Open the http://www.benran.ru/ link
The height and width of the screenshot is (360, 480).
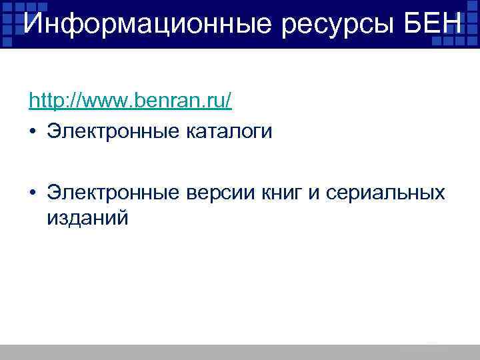(130, 101)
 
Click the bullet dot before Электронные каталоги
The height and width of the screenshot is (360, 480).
(33, 132)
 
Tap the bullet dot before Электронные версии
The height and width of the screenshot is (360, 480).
(33, 193)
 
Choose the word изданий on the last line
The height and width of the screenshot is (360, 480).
(87, 218)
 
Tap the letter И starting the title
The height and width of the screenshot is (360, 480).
(31, 24)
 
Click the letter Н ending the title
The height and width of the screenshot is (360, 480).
(450, 24)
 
